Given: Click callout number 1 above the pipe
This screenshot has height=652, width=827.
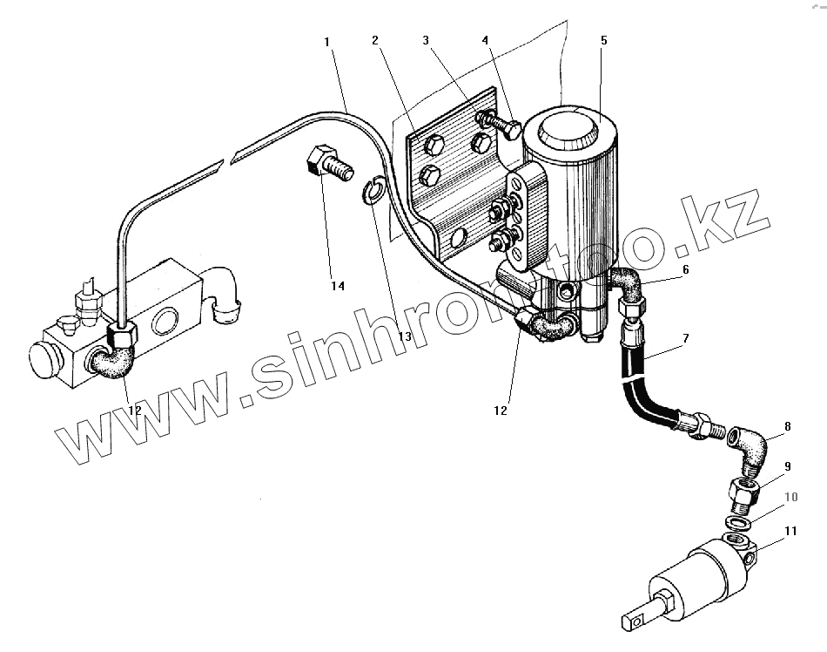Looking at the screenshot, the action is [x=326, y=41].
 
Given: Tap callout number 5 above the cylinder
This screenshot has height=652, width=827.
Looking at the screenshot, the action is [x=603, y=40].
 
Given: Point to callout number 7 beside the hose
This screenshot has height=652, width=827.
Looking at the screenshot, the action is [x=685, y=336].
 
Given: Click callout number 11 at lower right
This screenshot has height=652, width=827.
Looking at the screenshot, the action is [x=790, y=529].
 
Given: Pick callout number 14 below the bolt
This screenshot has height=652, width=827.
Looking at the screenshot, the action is [x=337, y=286].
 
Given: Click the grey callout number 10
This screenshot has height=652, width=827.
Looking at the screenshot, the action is [x=790, y=498].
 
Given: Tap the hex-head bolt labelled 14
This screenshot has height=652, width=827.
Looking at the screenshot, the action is [x=326, y=162].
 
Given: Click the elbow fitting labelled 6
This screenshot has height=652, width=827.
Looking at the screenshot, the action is [x=623, y=284].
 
